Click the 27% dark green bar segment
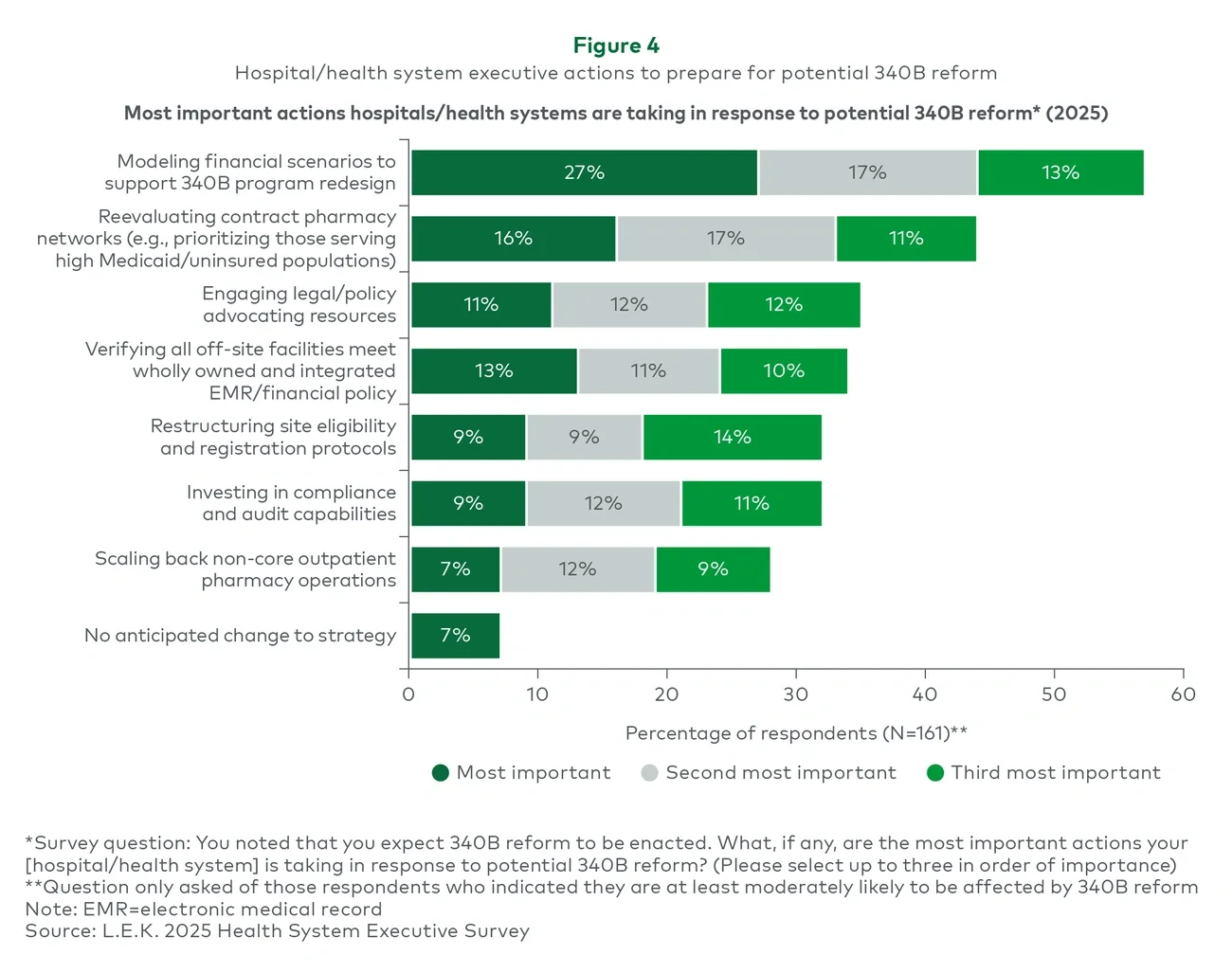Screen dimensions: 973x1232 (x=584, y=172)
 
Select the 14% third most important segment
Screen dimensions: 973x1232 (x=732, y=437)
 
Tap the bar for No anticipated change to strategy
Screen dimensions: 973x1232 (x=455, y=635)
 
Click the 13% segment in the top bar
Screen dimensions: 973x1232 (x=1060, y=172)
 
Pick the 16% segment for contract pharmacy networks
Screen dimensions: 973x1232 (x=513, y=239)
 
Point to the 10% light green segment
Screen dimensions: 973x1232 (x=783, y=370)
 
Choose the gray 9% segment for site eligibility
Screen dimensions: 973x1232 (x=584, y=437)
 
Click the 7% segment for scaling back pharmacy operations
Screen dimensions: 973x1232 (x=455, y=569)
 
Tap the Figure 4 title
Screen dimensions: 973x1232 (x=616, y=45)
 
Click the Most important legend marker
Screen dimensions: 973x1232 (x=440, y=773)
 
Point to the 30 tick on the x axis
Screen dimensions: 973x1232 (x=795, y=694)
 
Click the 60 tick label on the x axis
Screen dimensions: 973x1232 (x=1183, y=694)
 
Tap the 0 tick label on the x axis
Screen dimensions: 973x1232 (x=408, y=694)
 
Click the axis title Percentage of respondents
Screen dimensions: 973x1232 (x=796, y=733)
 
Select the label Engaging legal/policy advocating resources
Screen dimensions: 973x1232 (x=299, y=305)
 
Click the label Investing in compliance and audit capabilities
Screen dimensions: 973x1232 (x=291, y=503)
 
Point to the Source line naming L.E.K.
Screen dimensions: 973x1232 (x=277, y=931)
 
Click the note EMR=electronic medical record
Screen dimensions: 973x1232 (x=203, y=910)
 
